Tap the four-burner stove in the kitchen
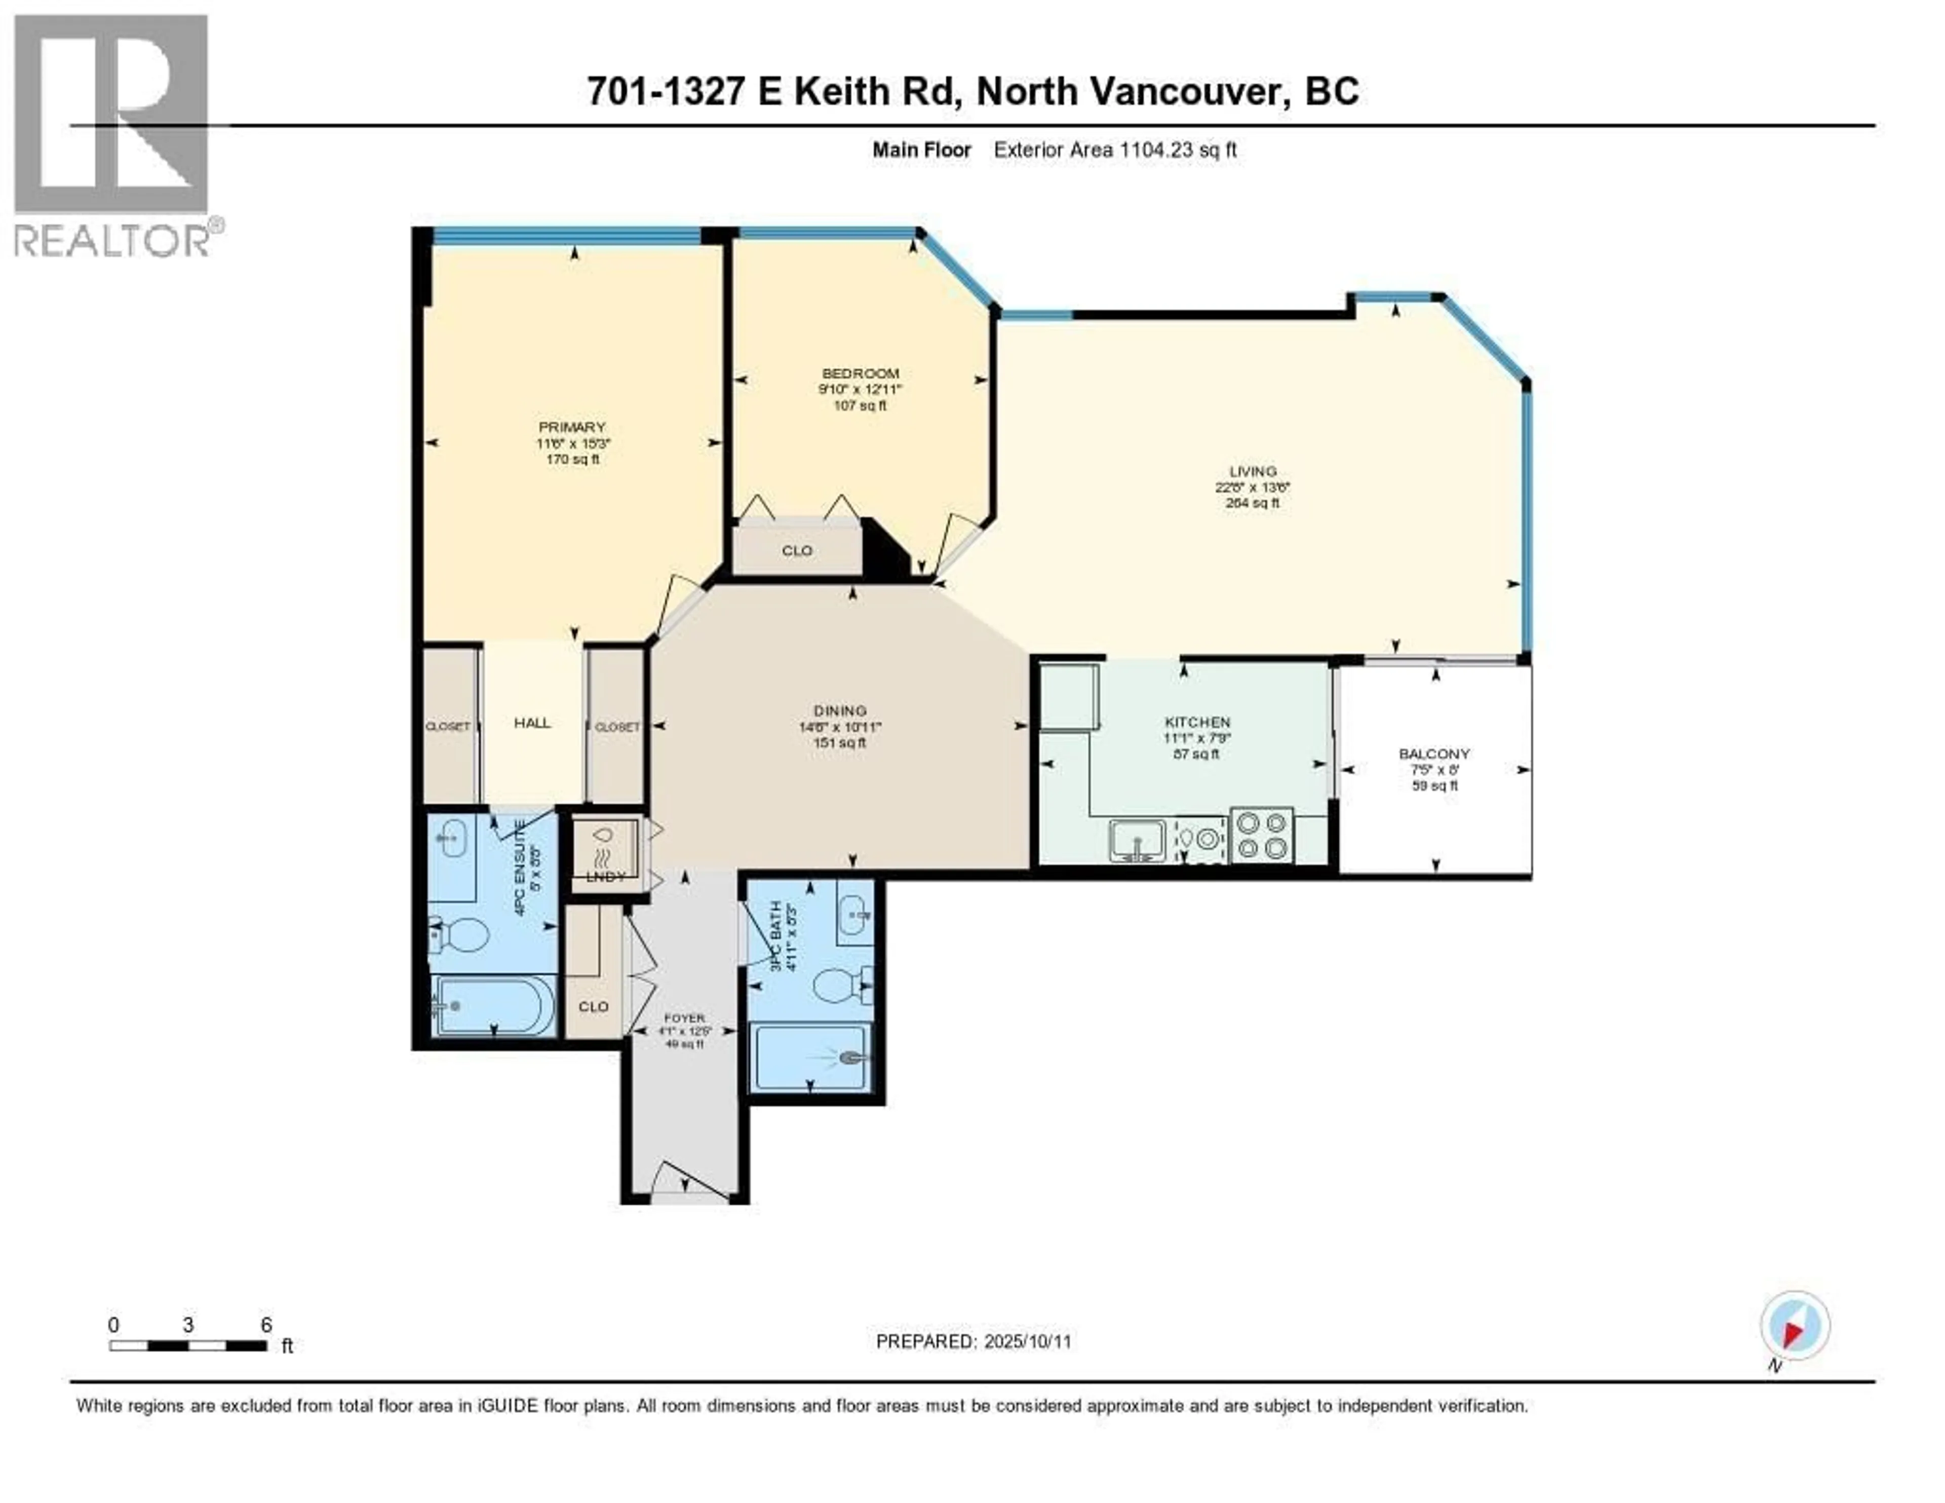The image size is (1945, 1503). [x=1262, y=835]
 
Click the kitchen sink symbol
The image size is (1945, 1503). [x=1137, y=840]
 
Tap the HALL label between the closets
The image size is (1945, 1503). [x=532, y=723]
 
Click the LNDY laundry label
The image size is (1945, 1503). [x=606, y=877]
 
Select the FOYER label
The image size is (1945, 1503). [x=684, y=1018]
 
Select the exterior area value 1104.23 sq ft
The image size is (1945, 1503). [x=1177, y=149]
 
